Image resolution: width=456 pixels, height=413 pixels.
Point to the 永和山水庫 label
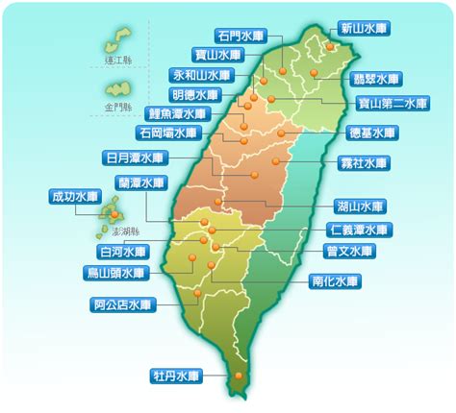202,74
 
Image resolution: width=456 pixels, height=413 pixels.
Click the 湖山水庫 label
363,205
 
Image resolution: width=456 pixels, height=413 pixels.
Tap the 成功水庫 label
75,197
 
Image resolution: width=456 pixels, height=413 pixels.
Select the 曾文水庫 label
349,252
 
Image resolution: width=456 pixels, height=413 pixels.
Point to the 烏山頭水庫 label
115,273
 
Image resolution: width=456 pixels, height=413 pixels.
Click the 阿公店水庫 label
123,305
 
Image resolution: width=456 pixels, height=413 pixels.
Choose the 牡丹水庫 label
176,374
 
